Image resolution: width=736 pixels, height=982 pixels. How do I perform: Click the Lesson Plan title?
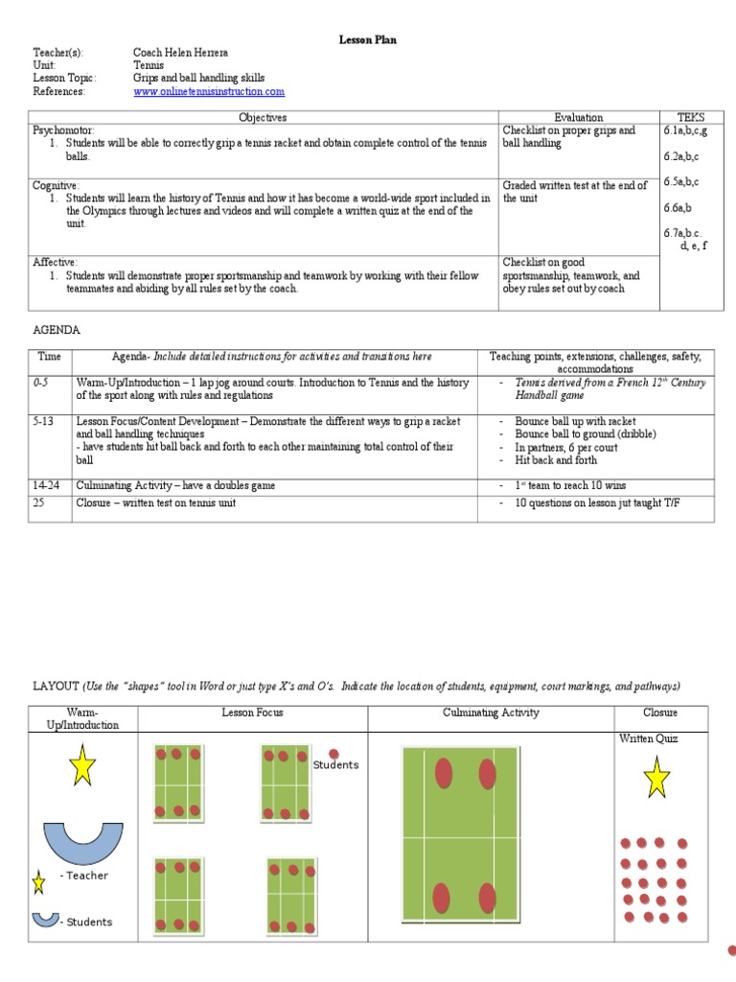point(367,39)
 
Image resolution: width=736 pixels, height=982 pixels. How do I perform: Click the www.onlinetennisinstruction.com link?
point(209,92)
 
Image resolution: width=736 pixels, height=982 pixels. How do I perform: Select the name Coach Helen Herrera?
point(182,52)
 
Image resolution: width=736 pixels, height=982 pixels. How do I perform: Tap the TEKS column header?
point(690,117)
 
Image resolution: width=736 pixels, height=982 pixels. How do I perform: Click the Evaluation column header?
point(579,117)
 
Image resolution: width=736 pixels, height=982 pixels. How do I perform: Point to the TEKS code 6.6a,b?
point(677,207)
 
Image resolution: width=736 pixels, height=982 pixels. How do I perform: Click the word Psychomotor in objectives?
point(64,129)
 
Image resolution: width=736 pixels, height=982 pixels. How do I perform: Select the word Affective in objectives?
point(56,262)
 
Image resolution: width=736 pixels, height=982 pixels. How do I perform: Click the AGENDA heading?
point(57,330)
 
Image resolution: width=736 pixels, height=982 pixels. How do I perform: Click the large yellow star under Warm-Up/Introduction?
point(82,765)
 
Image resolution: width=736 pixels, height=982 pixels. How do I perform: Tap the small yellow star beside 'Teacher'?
point(39,880)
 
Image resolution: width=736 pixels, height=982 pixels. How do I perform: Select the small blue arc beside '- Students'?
point(44,919)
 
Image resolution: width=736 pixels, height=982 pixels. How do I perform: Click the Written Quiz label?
point(648,738)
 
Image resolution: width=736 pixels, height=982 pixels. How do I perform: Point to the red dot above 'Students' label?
point(334,754)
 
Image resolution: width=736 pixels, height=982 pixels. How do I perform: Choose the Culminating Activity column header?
point(491,713)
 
